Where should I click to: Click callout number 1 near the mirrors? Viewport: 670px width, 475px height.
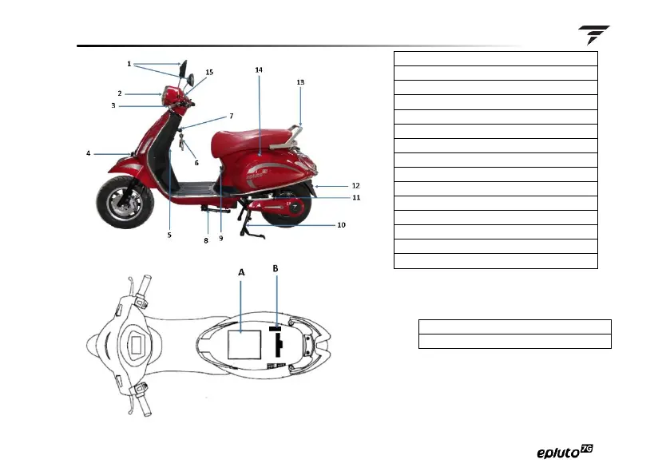tap(129, 63)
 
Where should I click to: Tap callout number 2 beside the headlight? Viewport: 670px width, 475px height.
tap(120, 93)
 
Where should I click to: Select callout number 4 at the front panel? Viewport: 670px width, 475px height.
tap(89, 152)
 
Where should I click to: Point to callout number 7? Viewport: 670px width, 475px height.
tap(231, 116)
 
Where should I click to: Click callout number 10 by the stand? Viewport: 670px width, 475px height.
tap(341, 225)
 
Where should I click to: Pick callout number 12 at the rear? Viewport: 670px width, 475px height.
tap(356, 185)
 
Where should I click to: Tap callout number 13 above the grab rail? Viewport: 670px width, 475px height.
tap(300, 81)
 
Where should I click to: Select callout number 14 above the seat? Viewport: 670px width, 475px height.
tap(259, 69)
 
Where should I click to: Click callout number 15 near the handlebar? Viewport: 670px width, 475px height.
tap(209, 72)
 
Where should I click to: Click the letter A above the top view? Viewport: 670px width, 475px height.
tap(241, 271)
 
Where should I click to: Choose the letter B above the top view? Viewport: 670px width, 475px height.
tap(276, 268)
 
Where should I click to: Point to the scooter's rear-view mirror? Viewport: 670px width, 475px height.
tap(184, 70)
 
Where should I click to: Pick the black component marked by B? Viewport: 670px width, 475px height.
tap(279, 342)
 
